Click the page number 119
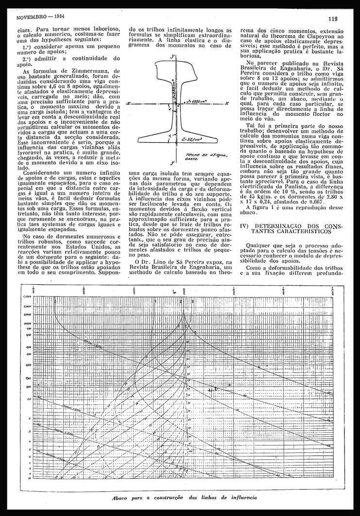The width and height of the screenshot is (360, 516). pyautogui.click(x=333, y=19)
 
